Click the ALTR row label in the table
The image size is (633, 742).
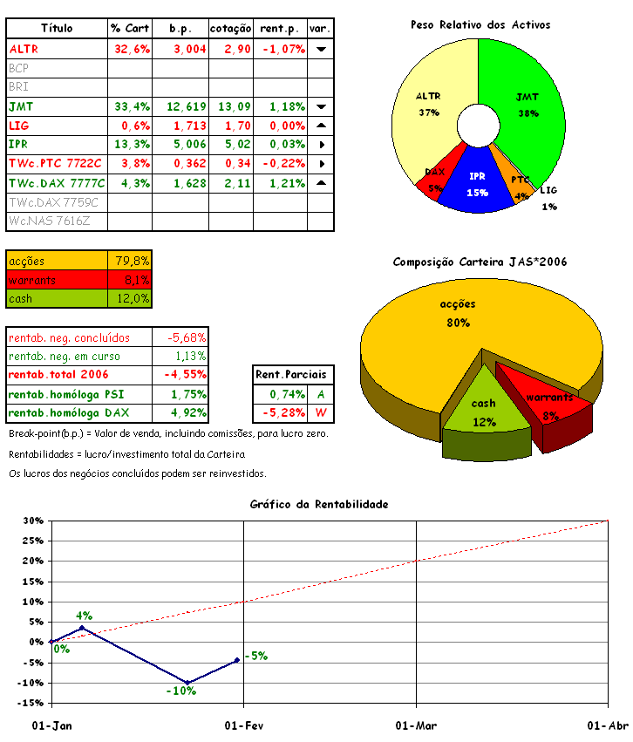tap(24, 50)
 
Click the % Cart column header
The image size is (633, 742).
tap(130, 29)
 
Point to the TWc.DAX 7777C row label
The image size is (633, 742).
tap(57, 184)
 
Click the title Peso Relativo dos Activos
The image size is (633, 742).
tap(480, 25)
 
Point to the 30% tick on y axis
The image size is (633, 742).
tap(33, 521)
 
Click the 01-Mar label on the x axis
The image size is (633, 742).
tap(416, 725)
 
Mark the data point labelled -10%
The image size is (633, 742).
tap(187, 683)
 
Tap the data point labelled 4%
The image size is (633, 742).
tap(82, 628)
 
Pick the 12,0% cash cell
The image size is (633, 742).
tap(132, 298)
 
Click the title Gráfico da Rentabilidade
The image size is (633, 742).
tap(318, 504)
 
